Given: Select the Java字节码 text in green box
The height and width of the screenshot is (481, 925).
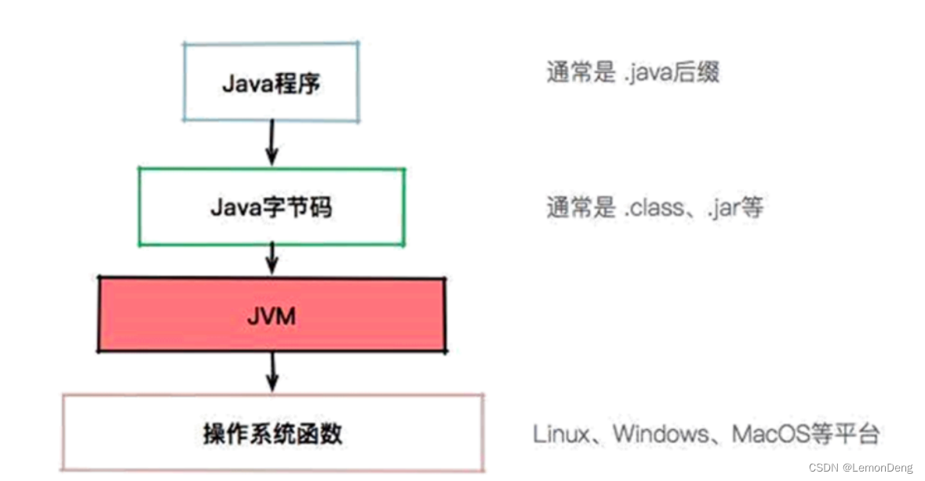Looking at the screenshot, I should [x=271, y=207].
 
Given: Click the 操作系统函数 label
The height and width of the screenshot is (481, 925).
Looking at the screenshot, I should [x=272, y=433].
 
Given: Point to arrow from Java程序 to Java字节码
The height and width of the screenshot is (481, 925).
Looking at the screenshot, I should [x=271, y=143].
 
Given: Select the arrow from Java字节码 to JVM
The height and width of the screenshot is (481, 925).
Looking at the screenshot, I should [x=272, y=257].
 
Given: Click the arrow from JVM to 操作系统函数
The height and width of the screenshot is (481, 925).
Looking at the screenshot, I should [x=272, y=371].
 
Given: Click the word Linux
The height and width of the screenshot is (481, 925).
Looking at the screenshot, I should [x=562, y=433].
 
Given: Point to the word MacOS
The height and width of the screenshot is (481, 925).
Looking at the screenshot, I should [x=770, y=433].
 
